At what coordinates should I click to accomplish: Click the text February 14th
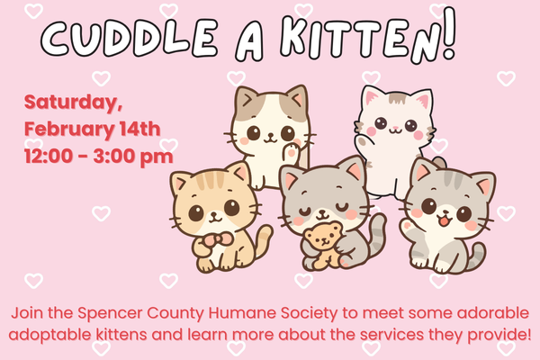point(93,126)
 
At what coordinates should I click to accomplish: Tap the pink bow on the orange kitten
point(212,239)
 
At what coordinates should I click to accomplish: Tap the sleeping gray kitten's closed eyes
point(323,210)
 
